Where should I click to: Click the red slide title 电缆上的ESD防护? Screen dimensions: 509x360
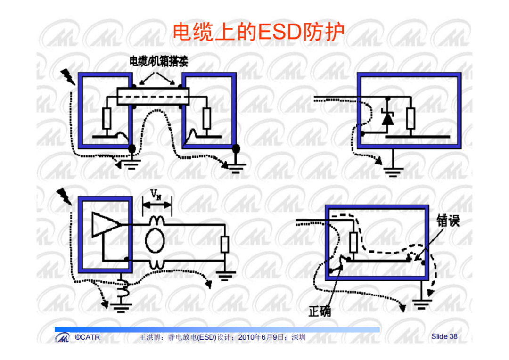pyautogui.click(x=258, y=32)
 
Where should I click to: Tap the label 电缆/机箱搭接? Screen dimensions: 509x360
pyautogui.click(x=159, y=61)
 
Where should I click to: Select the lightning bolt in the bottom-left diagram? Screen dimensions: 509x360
pyautogui.click(x=64, y=196)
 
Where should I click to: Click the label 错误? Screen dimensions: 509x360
pyautogui.click(x=448, y=221)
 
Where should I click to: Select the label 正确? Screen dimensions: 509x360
pyautogui.click(x=320, y=311)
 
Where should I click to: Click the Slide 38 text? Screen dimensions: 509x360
pyautogui.click(x=444, y=336)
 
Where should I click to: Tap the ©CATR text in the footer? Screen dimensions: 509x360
pyautogui.click(x=87, y=337)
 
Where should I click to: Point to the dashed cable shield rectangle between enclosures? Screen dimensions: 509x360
pyautogui.click(x=153, y=96)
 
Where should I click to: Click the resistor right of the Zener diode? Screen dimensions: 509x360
pyautogui.click(x=410, y=118)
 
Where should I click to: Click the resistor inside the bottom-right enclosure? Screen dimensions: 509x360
pyautogui.click(x=353, y=243)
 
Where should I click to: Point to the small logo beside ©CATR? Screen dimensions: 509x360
pyautogui.click(x=62, y=337)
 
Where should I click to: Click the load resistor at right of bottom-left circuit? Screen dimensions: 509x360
pyautogui.click(x=225, y=245)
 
